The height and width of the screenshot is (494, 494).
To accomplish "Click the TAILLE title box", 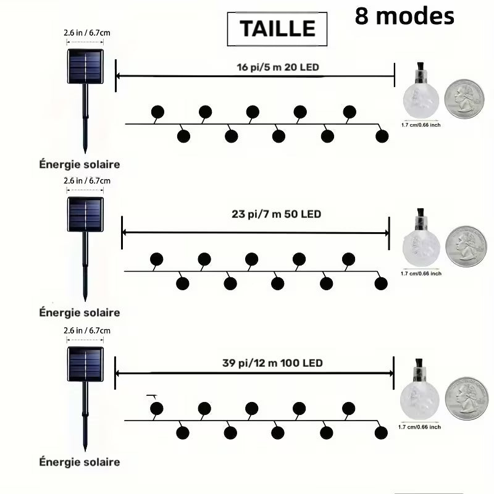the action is tap(277, 29).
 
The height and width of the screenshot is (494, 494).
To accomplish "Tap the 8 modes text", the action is tap(404, 16).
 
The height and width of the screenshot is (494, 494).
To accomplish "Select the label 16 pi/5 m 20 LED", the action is tap(278, 67).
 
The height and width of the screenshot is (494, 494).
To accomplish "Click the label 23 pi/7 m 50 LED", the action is tap(276, 214).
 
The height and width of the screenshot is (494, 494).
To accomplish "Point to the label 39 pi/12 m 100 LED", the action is tap(272, 363).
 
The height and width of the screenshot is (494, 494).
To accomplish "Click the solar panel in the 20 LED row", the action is tap(85, 66).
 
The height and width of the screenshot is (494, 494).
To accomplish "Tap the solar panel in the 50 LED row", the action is tap(85, 214).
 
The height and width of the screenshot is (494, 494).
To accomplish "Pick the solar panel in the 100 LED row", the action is tap(85, 364).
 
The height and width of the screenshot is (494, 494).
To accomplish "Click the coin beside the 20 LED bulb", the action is tap(464, 99).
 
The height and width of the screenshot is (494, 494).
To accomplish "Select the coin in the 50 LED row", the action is tap(466, 246).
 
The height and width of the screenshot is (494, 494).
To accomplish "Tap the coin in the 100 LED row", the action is tap(467, 398).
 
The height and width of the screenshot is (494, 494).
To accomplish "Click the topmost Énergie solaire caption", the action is tap(80, 164).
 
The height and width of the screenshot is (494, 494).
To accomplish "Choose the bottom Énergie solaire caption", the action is tap(80, 462).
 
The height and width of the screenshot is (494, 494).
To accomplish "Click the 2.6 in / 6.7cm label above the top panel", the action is tap(87, 33).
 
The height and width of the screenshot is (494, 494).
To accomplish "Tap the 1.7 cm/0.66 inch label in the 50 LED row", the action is tap(421, 274).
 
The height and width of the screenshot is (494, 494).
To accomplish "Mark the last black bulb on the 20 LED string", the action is tap(382, 136).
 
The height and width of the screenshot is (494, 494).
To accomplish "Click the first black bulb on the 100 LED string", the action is tap(157, 409).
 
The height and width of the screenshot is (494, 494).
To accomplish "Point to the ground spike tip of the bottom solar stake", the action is tap(85, 451).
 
